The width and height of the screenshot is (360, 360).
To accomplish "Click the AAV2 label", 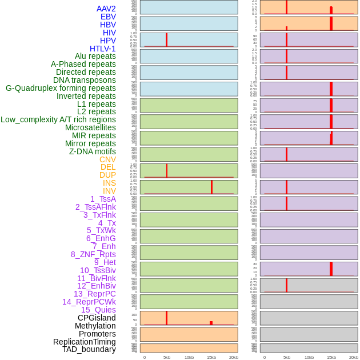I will (106, 9).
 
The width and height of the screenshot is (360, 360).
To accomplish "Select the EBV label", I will (108, 17).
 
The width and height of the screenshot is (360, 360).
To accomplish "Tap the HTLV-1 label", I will (102, 49).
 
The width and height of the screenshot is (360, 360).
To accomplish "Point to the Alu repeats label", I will (95, 56).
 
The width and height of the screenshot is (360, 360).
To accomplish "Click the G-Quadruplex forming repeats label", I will (61, 88).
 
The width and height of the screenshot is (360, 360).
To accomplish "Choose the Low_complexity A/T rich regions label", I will (58, 119).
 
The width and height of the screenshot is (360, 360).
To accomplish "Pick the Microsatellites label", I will (90, 127).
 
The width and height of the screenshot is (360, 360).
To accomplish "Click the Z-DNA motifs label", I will (93, 151).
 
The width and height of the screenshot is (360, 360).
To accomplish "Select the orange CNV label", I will (107, 159).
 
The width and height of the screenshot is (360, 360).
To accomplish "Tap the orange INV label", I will (109, 191).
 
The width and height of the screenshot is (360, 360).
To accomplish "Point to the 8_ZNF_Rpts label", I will (93, 254).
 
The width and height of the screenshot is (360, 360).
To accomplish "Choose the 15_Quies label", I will (98, 310).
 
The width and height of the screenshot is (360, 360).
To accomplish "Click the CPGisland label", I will (97, 318).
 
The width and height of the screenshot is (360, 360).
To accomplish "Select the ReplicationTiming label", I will (84, 342).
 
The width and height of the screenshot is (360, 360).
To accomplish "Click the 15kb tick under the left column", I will (211, 357).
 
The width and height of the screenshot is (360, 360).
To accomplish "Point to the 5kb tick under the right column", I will (286, 357).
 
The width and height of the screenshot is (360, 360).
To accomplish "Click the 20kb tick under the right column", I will (354, 357).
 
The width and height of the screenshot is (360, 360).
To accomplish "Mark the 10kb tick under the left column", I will (189, 357).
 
